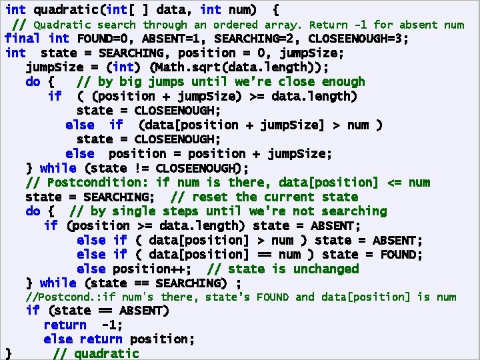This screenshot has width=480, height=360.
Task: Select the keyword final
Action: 22,38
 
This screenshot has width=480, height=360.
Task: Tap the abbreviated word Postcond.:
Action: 55,297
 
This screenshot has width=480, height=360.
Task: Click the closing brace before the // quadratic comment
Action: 8,353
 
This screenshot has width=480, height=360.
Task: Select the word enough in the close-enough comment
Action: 343,82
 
